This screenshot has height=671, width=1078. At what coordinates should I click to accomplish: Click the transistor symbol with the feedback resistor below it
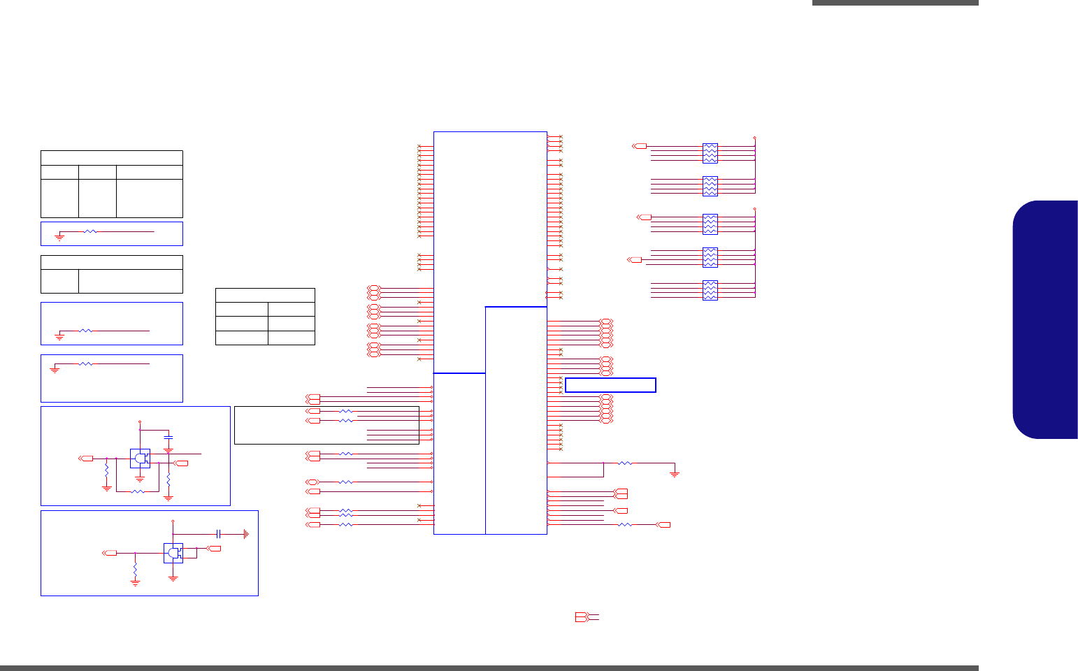click(141, 459)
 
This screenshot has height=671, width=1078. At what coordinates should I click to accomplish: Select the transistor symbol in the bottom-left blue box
click(173, 553)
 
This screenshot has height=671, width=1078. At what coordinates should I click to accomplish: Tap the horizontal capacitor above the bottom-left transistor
click(219, 534)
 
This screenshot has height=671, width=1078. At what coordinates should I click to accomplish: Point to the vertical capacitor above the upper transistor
click(168, 438)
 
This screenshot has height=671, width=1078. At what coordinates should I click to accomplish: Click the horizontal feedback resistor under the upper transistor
click(138, 491)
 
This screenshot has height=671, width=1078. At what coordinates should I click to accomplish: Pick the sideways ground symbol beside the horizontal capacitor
click(245, 534)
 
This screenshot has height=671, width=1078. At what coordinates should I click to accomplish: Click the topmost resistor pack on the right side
click(710, 152)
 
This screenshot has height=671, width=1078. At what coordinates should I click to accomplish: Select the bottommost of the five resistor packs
click(710, 290)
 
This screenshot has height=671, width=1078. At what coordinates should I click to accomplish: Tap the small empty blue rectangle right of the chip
click(610, 385)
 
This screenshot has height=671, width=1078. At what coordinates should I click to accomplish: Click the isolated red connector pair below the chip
click(583, 617)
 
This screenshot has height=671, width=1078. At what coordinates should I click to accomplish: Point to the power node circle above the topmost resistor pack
click(755, 138)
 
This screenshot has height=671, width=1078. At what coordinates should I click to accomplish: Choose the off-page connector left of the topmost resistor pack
click(640, 146)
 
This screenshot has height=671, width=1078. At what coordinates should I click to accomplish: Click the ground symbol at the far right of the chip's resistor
click(675, 474)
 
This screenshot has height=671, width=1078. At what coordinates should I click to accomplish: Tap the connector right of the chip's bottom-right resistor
click(663, 525)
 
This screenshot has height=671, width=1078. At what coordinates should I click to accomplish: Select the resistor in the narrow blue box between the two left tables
click(90, 231)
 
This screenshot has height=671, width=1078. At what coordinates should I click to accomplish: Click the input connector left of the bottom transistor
click(110, 553)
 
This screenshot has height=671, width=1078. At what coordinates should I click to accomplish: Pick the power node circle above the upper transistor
click(140, 422)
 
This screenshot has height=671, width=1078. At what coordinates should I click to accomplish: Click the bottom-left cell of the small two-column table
click(241, 338)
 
